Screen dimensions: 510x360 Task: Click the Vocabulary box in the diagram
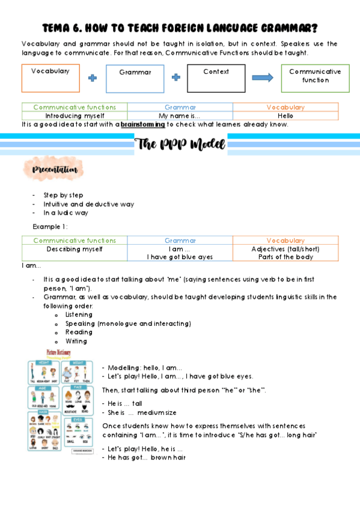coord(50,78)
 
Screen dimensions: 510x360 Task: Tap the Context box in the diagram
coord(216,78)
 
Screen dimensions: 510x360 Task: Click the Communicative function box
coord(315,78)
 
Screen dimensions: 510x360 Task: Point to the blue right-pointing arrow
coord(261,78)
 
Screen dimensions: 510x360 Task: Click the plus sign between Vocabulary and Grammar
coord(92,78)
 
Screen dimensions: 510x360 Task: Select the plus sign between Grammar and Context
coord(175,78)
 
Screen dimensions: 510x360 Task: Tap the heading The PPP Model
coord(180,144)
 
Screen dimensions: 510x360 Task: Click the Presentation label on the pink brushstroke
coord(53,170)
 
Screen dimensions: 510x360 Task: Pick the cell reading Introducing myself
coord(75,115)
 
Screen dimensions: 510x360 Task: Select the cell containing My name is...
coord(180,115)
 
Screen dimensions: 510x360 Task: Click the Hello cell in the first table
coord(285,115)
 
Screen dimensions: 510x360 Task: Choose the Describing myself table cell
coord(75,248)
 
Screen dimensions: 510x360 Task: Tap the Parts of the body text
coord(285,257)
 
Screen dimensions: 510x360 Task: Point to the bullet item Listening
coord(79,315)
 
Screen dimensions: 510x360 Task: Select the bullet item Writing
coord(76,341)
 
